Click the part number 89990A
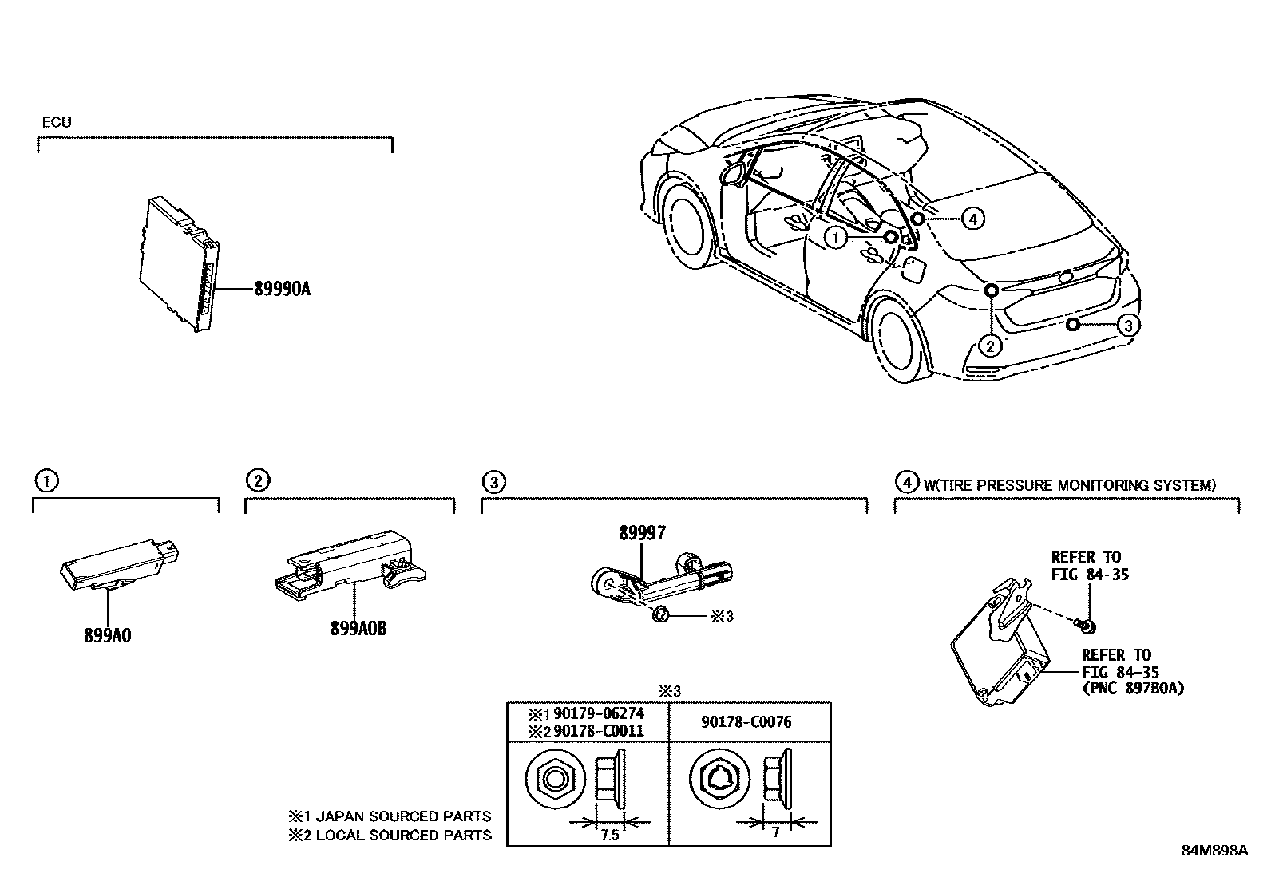tap(282, 289)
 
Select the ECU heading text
tap(56, 122)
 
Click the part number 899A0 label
tap(107, 635)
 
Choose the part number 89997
tap(641, 533)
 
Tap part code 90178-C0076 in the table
tap(746, 722)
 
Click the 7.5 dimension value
tap(608, 835)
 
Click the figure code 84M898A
tap(1214, 851)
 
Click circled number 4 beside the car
tap(972, 217)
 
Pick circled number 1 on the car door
tap(835, 237)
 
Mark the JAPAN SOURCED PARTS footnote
tap(390, 816)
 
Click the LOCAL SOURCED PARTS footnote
tap(390, 835)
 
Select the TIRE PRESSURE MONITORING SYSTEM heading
tap(1070, 484)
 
